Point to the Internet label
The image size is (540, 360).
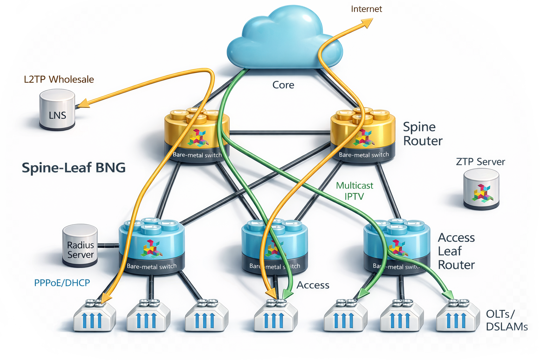click(366, 9)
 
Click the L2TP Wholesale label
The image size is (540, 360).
click(59, 79)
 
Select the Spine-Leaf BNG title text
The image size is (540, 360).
click(73, 168)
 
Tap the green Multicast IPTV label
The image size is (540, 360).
click(354, 191)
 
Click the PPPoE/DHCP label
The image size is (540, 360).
click(62, 283)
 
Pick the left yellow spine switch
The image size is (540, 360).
click(197, 135)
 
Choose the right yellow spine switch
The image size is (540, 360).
click(363, 135)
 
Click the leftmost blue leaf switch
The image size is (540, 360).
click(152, 246)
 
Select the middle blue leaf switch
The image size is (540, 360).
click(275, 246)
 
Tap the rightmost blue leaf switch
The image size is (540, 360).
click(397, 246)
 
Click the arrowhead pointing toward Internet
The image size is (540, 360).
click(367, 23)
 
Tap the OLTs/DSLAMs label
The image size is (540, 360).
click(507, 320)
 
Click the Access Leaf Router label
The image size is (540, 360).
click(456, 251)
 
